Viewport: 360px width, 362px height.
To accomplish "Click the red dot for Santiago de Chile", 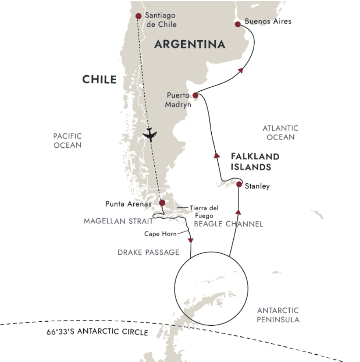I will click(x=138, y=16).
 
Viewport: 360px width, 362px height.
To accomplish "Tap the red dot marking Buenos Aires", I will click(x=238, y=24).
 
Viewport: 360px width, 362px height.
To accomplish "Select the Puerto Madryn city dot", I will click(x=195, y=95).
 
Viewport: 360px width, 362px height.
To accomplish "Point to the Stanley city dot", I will click(x=239, y=184).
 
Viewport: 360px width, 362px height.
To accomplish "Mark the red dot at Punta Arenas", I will click(x=162, y=203).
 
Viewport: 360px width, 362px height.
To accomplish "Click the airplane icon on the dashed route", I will click(x=150, y=135).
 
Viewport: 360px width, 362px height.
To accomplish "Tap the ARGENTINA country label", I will click(x=190, y=44).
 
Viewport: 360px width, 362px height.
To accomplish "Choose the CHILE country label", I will click(x=99, y=79).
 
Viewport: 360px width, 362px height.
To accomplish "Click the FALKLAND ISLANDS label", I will click(x=255, y=161).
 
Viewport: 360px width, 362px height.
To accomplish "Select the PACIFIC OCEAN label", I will click(x=67, y=140).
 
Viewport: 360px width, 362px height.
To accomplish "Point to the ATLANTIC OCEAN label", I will click(x=280, y=133).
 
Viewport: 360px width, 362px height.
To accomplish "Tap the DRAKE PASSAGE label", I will click(x=148, y=253).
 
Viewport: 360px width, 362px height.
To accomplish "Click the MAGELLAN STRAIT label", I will click(x=118, y=221).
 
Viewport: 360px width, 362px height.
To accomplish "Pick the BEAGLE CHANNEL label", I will click(x=228, y=224).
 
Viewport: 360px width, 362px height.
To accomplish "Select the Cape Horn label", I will click(x=160, y=234).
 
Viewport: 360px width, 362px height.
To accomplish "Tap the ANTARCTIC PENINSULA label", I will click(x=278, y=315).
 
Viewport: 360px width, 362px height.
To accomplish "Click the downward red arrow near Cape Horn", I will click(x=191, y=241).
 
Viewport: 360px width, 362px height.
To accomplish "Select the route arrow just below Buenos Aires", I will click(x=241, y=70).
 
